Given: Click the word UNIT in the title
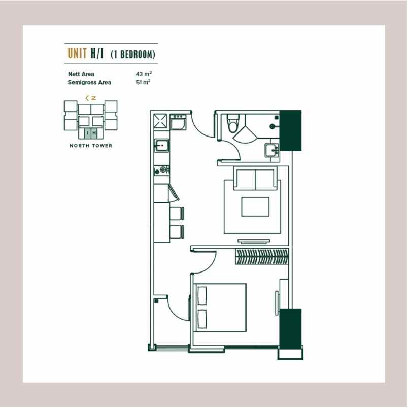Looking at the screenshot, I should (76, 53).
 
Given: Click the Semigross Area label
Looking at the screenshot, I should (89, 82).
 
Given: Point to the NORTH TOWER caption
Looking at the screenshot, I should (91, 146).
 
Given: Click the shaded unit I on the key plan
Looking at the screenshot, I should (88, 133).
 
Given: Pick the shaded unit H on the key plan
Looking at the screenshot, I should (94, 133).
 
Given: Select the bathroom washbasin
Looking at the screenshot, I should (271, 150).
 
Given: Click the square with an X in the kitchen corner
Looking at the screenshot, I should (162, 121).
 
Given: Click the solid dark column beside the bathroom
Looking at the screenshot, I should (291, 130).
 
